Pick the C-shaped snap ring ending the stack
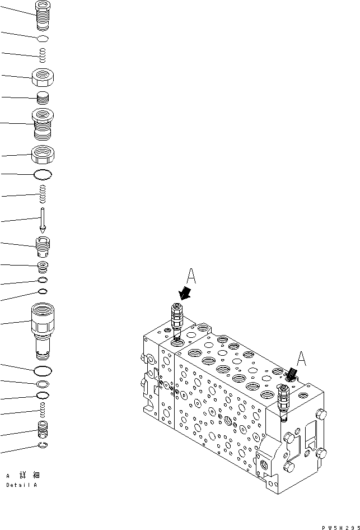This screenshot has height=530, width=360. (43, 445)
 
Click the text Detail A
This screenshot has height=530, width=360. (21, 485)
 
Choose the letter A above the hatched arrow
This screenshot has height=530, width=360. (301, 357)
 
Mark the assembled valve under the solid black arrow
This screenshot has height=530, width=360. (176, 322)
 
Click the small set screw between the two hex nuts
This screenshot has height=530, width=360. (43, 98)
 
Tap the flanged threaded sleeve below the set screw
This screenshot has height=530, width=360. (43, 124)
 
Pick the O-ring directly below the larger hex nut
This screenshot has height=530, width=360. (43, 175)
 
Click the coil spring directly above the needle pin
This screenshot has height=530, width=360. (43, 195)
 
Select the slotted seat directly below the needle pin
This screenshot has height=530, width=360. (43, 245)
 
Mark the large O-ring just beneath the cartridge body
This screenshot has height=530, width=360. (43, 370)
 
